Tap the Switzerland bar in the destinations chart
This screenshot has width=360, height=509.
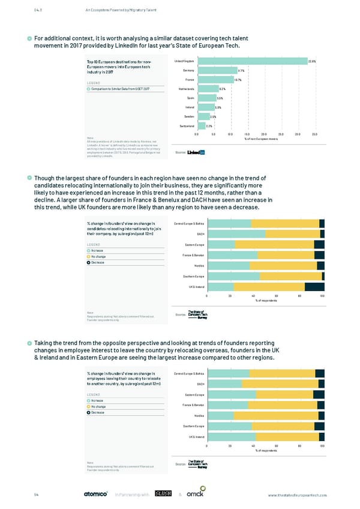(x=200, y=126)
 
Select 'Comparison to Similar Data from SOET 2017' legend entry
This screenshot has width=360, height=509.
(x=120, y=89)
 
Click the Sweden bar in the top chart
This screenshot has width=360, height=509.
(x=203, y=116)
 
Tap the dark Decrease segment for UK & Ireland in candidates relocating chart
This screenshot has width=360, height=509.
(x=314, y=287)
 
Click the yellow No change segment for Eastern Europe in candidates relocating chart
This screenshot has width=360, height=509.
(x=274, y=245)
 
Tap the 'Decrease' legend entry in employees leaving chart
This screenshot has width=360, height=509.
(x=99, y=412)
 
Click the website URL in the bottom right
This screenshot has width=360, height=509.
(x=298, y=495)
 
